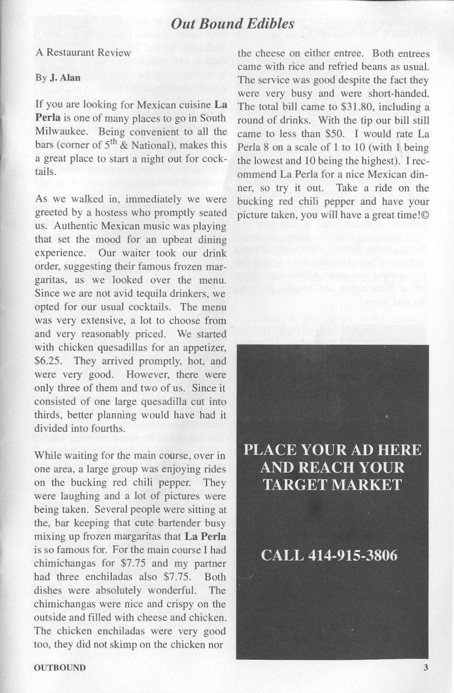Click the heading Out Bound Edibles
233,24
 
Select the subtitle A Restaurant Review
83,53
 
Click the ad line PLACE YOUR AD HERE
332,450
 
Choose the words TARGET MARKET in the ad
332,485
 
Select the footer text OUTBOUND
60,668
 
